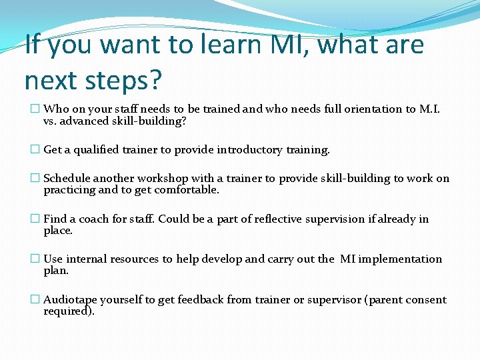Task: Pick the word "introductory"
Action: click(251, 150)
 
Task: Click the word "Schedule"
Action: click(67, 178)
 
